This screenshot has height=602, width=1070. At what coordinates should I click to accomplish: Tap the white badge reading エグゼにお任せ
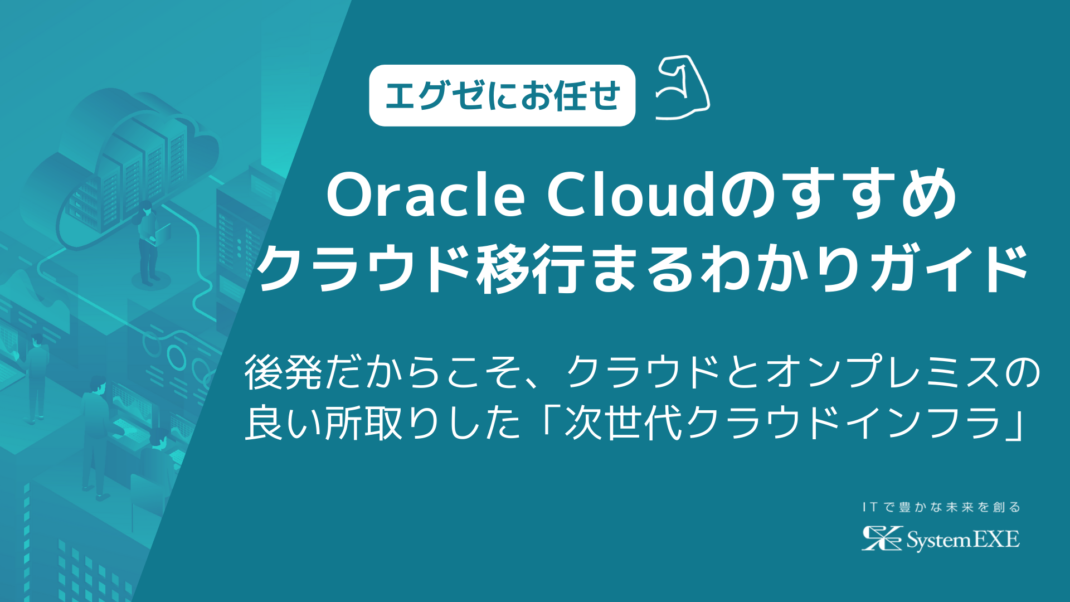pyautogui.click(x=502, y=96)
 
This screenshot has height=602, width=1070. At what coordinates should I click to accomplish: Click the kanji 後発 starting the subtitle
pyautogui.click(x=283, y=372)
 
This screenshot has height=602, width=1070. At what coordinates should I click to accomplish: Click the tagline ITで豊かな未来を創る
pyautogui.click(x=941, y=507)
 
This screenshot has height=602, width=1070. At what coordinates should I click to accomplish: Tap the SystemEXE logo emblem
pyautogui.click(x=881, y=538)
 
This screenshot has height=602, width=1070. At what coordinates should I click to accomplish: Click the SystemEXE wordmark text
pyautogui.click(x=963, y=540)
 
